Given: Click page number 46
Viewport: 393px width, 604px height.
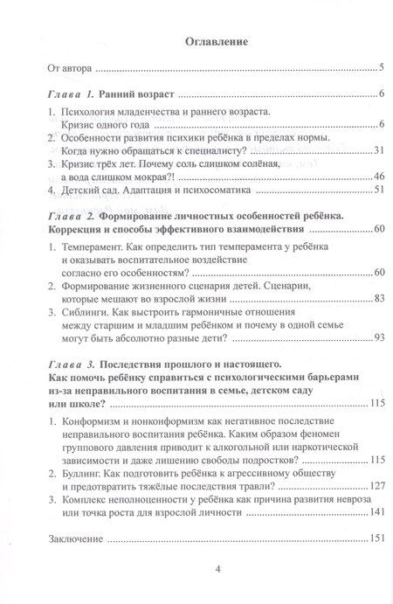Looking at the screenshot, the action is tap(377, 176).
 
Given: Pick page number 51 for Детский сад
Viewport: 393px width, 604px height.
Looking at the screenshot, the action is tap(377, 188).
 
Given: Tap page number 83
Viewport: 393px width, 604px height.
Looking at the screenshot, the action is tap(377, 300).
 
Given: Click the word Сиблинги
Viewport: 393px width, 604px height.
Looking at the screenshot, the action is tap(87, 312).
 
